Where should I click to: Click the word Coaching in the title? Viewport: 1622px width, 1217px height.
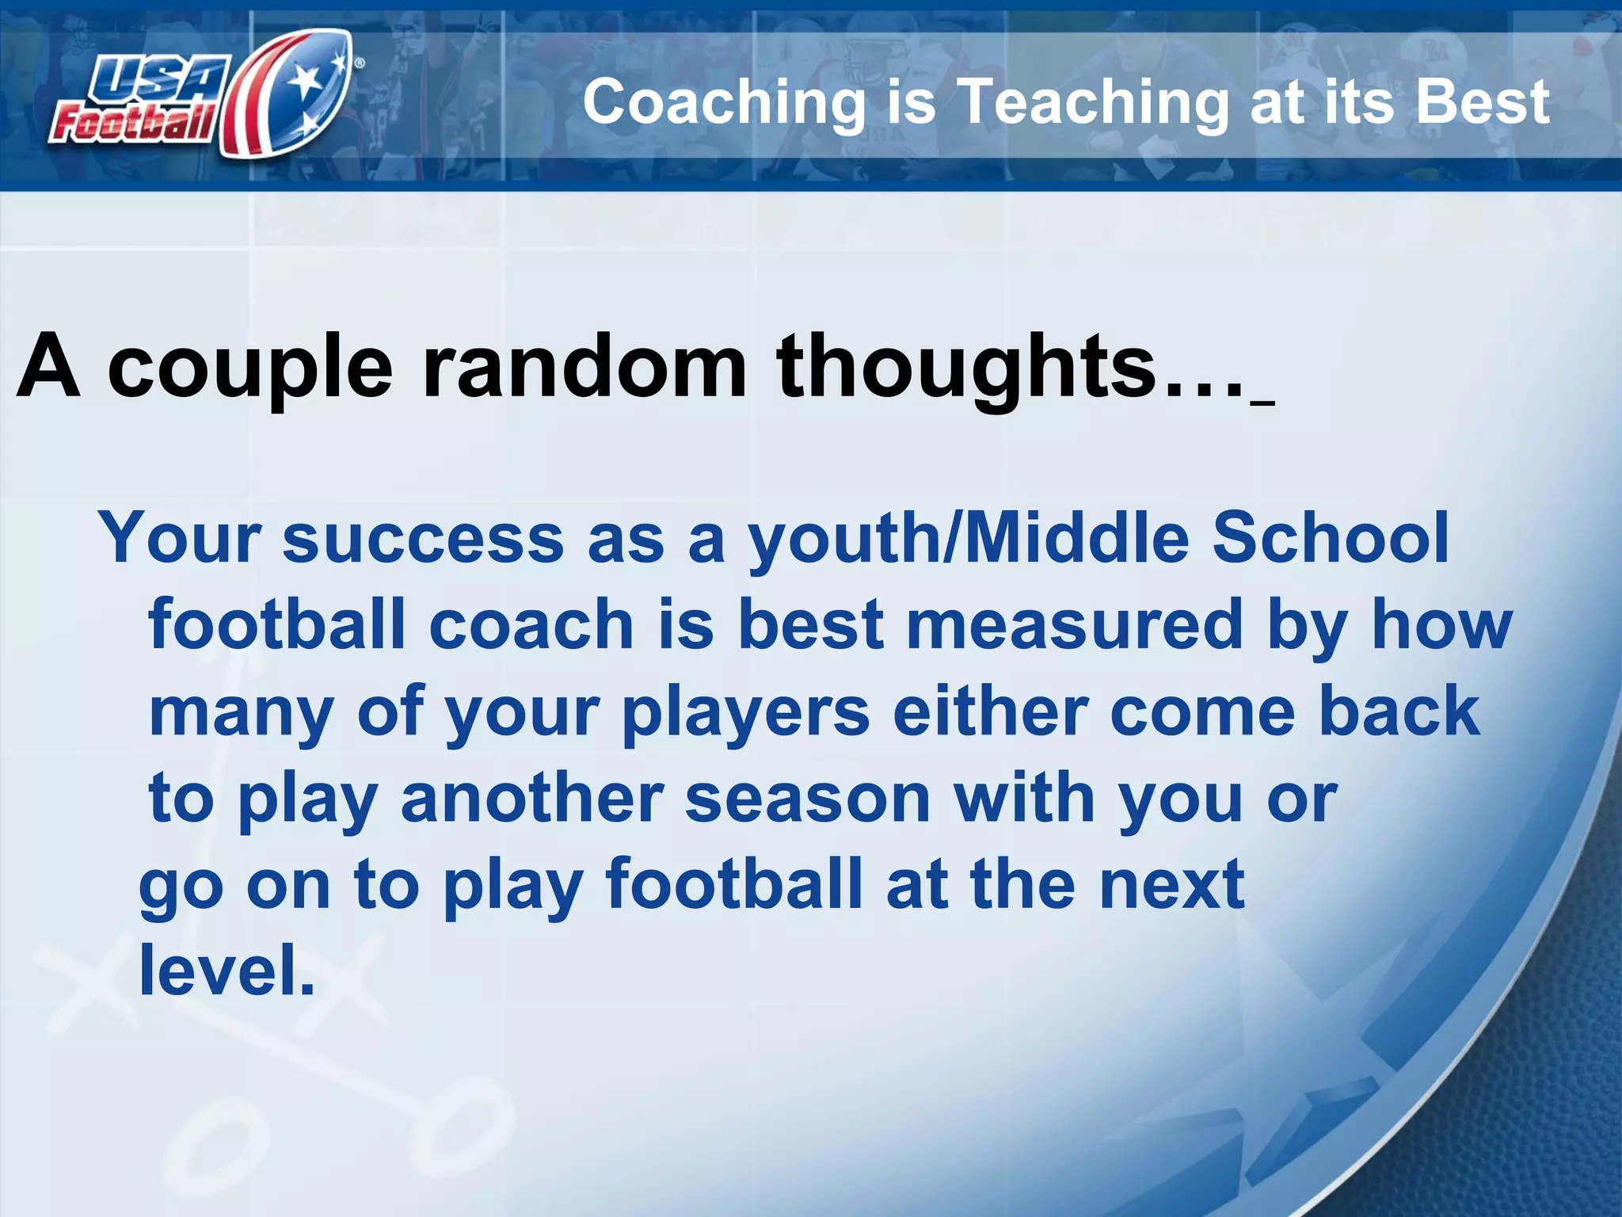[725, 103]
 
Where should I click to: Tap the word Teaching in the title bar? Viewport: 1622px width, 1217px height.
[1093, 103]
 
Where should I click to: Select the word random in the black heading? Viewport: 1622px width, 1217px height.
[585, 366]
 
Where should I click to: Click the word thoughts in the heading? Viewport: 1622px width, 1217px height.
[966, 366]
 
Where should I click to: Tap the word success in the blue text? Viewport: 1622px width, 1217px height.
[423, 539]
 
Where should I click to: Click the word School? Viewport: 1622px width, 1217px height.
[1331, 539]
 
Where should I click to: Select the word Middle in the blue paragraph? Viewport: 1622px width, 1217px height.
[1077, 539]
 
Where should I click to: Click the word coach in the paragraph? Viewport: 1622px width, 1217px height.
[531, 626]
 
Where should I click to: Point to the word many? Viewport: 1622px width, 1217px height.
[242, 713]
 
